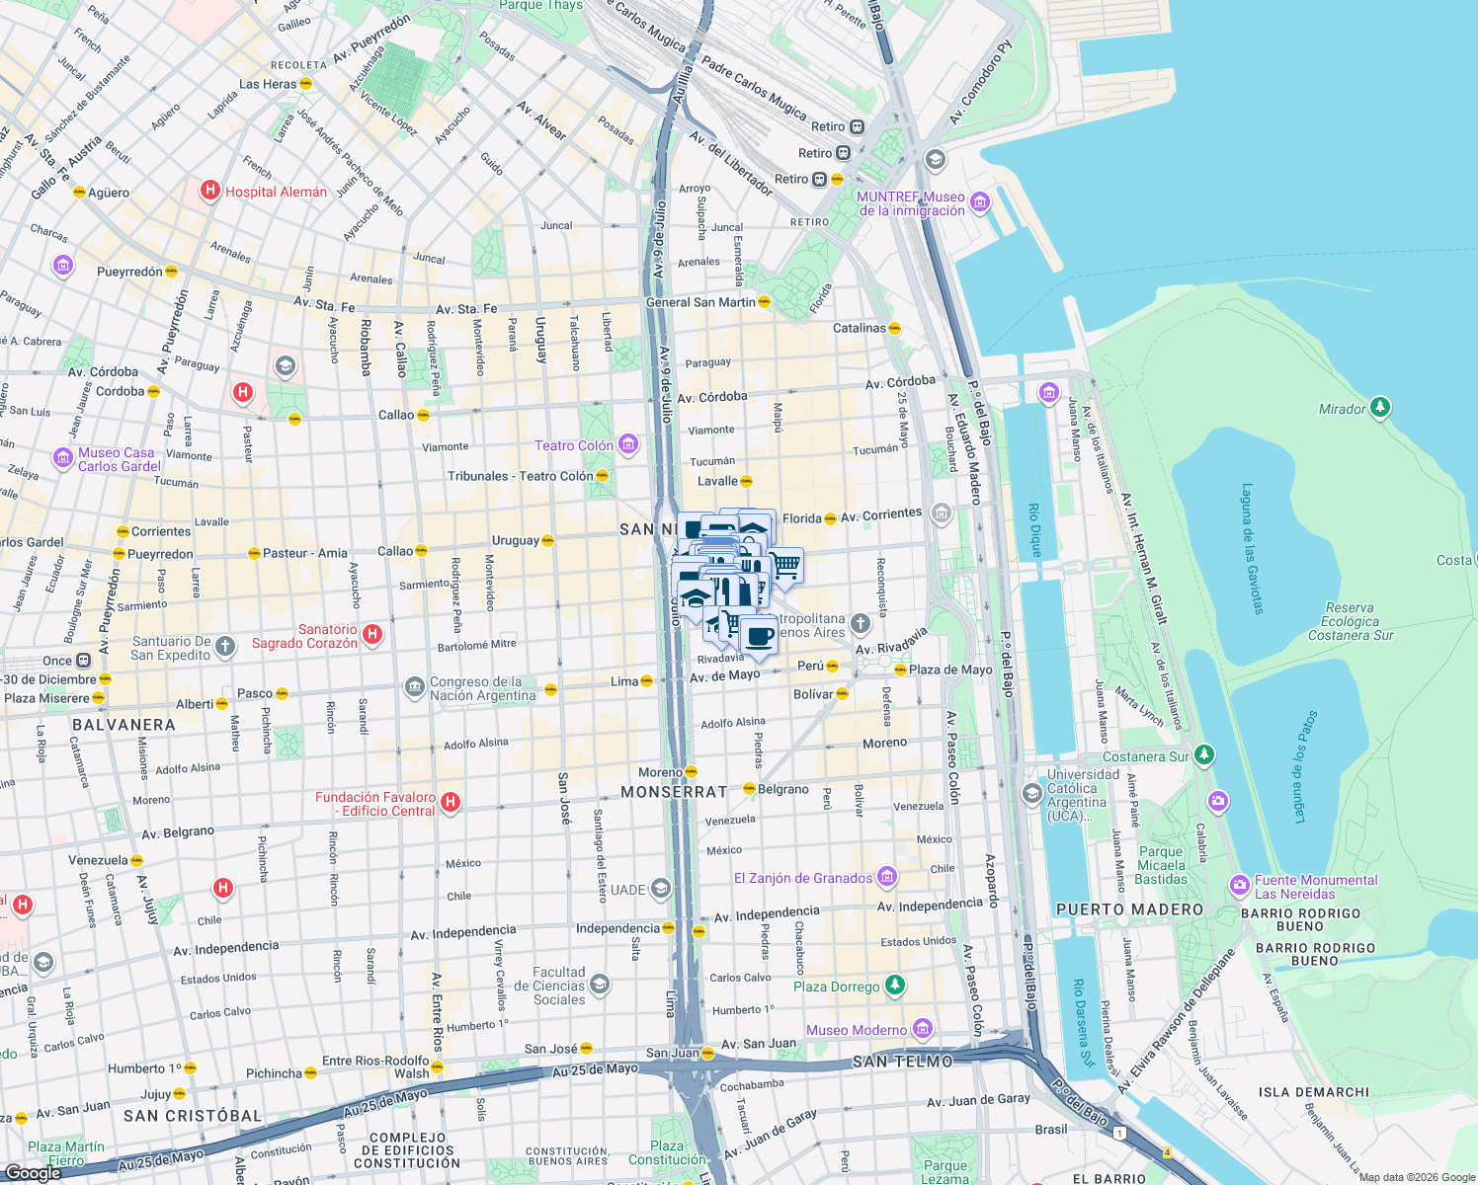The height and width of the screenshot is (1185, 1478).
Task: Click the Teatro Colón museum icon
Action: [627, 444]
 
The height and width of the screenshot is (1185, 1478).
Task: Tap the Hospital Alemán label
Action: [276, 192]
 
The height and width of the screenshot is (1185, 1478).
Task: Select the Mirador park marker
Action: [1380, 407]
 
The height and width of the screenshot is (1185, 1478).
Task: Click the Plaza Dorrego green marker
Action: [894, 985]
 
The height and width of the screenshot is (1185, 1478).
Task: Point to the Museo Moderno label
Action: [856, 1030]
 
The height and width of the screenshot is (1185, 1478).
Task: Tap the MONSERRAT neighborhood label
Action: [674, 792]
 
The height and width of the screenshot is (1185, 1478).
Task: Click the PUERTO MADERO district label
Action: [1129, 909]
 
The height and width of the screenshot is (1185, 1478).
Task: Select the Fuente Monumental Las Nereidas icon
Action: [1239, 886]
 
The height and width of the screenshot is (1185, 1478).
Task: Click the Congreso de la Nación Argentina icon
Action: [414, 685]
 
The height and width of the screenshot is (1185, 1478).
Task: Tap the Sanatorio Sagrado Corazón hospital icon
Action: [372, 634]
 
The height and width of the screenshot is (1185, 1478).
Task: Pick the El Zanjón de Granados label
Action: [803, 878]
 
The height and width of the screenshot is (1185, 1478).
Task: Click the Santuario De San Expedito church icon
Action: [225, 647]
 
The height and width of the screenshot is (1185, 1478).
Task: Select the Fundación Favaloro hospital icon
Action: [451, 802]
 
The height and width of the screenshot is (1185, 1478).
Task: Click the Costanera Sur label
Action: [1146, 756]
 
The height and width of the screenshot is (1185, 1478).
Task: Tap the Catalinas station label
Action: [859, 328]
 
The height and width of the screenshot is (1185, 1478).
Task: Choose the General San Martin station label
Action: [699, 302]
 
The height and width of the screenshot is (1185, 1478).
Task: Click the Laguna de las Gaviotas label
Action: [1252, 548]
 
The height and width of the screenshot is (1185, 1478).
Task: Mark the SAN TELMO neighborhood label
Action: [903, 1062]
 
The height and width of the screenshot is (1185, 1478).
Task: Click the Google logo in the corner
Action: [33, 1172]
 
